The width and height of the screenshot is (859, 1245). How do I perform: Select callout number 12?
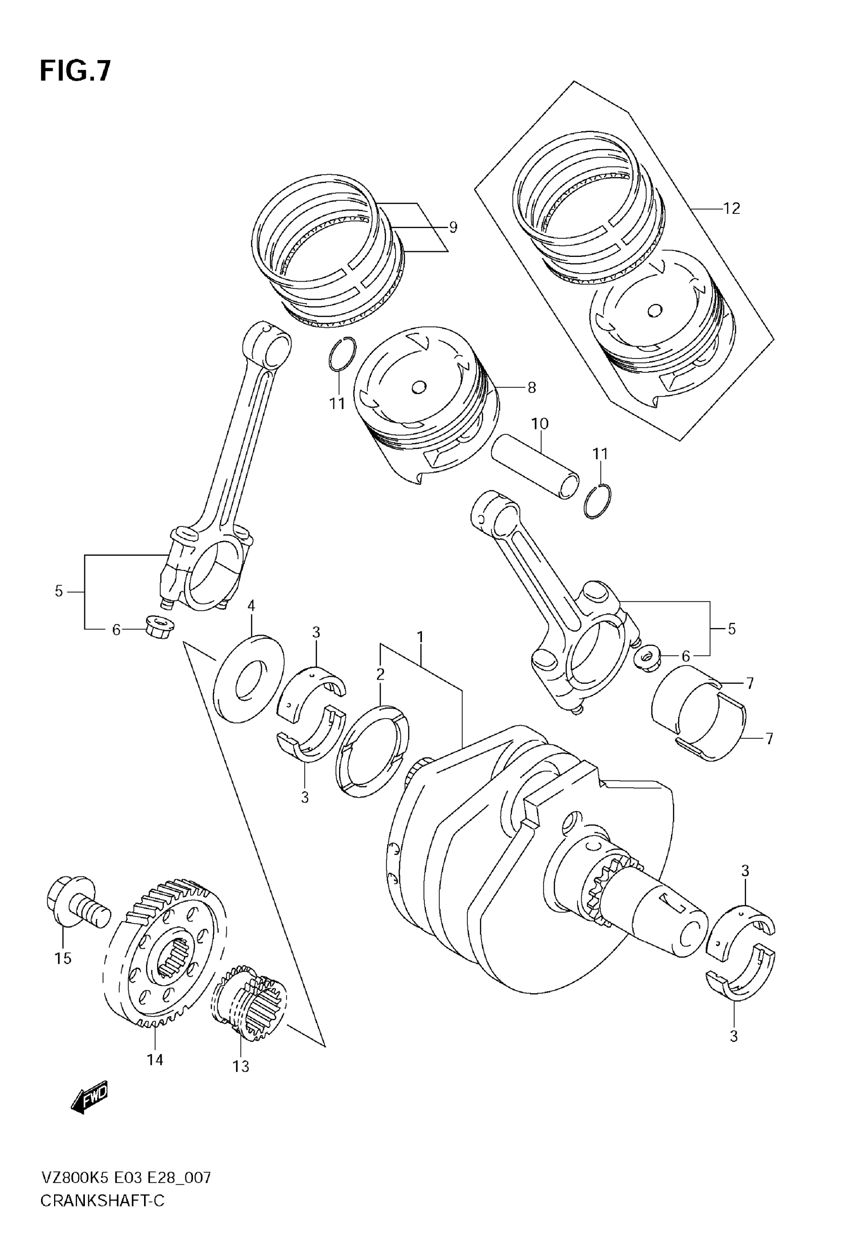[x=732, y=208]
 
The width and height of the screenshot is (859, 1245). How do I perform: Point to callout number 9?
[x=453, y=227]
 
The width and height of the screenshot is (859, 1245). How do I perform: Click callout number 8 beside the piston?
[x=531, y=387]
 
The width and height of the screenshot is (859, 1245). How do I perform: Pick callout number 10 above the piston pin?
[x=540, y=424]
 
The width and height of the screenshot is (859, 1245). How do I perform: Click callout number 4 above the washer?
[x=251, y=606]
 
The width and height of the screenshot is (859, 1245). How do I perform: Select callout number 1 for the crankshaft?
[x=420, y=637]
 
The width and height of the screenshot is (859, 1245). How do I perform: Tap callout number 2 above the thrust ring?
[x=380, y=674]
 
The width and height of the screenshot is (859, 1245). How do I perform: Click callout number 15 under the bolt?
[x=63, y=958]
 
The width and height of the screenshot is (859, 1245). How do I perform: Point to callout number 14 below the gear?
[x=155, y=1060]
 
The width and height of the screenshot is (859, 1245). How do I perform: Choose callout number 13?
[x=241, y=1066]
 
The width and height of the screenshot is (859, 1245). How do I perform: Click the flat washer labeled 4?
[x=249, y=679]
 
